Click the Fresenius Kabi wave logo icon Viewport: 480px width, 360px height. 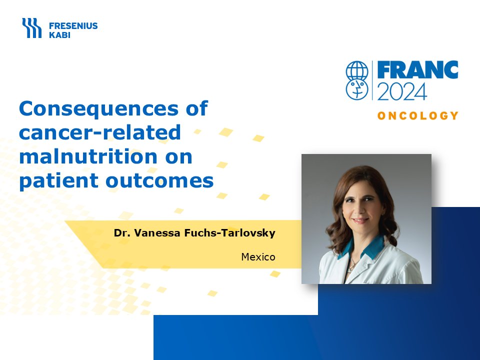(32, 28)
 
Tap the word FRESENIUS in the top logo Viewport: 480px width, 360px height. (73, 26)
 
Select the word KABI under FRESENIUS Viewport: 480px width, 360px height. (59, 35)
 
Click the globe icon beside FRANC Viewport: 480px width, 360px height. (357, 70)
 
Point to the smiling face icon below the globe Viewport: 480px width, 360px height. (357, 90)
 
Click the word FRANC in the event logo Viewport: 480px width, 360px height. (418, 70)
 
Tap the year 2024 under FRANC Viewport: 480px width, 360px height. (402, 91)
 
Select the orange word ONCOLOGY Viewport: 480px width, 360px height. (418, 115)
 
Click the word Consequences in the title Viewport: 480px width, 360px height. (99, 108)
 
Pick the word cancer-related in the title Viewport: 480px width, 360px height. (100, 132)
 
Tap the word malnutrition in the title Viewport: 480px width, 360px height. (88, 156)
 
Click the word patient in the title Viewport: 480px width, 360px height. (59, 181)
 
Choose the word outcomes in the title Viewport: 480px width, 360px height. (159, 181)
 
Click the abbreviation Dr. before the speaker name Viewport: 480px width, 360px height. (122, 233)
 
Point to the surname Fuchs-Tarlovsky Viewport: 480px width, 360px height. (230, 233)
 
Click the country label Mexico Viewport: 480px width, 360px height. (258, 257)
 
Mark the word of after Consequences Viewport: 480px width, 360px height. (197, 108)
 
